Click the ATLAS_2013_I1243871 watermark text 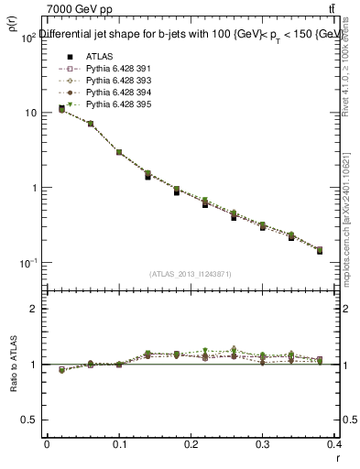(191, 274)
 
